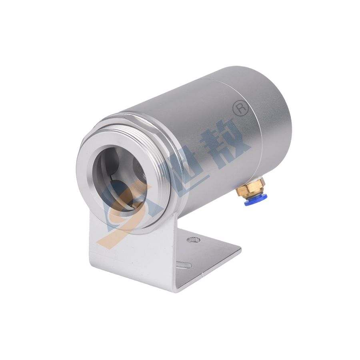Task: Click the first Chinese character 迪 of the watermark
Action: tap(180, 165)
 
